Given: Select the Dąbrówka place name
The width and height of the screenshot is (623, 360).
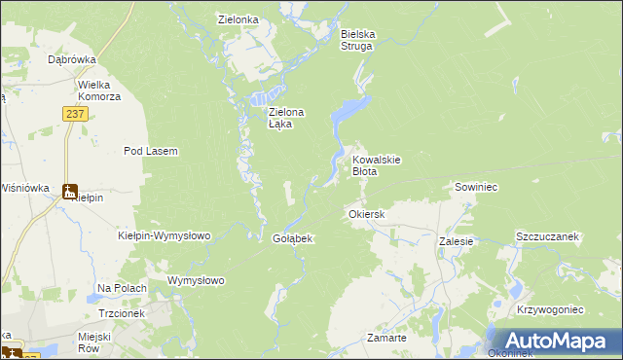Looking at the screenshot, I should [71, 58].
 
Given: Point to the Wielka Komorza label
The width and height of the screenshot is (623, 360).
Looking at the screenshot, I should [100, 90].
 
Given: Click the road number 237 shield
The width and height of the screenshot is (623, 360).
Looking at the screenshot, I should [77, 114].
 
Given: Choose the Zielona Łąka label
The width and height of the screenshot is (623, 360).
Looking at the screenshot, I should [286, 118].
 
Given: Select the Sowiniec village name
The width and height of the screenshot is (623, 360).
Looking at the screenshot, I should [476, 186].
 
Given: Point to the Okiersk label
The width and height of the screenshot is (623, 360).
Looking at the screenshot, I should [367, 213].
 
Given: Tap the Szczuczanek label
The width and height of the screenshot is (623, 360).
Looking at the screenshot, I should [548, 236].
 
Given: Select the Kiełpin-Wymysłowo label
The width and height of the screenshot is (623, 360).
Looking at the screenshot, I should [164, 235].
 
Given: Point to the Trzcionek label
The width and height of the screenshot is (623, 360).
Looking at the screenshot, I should [122, 313].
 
